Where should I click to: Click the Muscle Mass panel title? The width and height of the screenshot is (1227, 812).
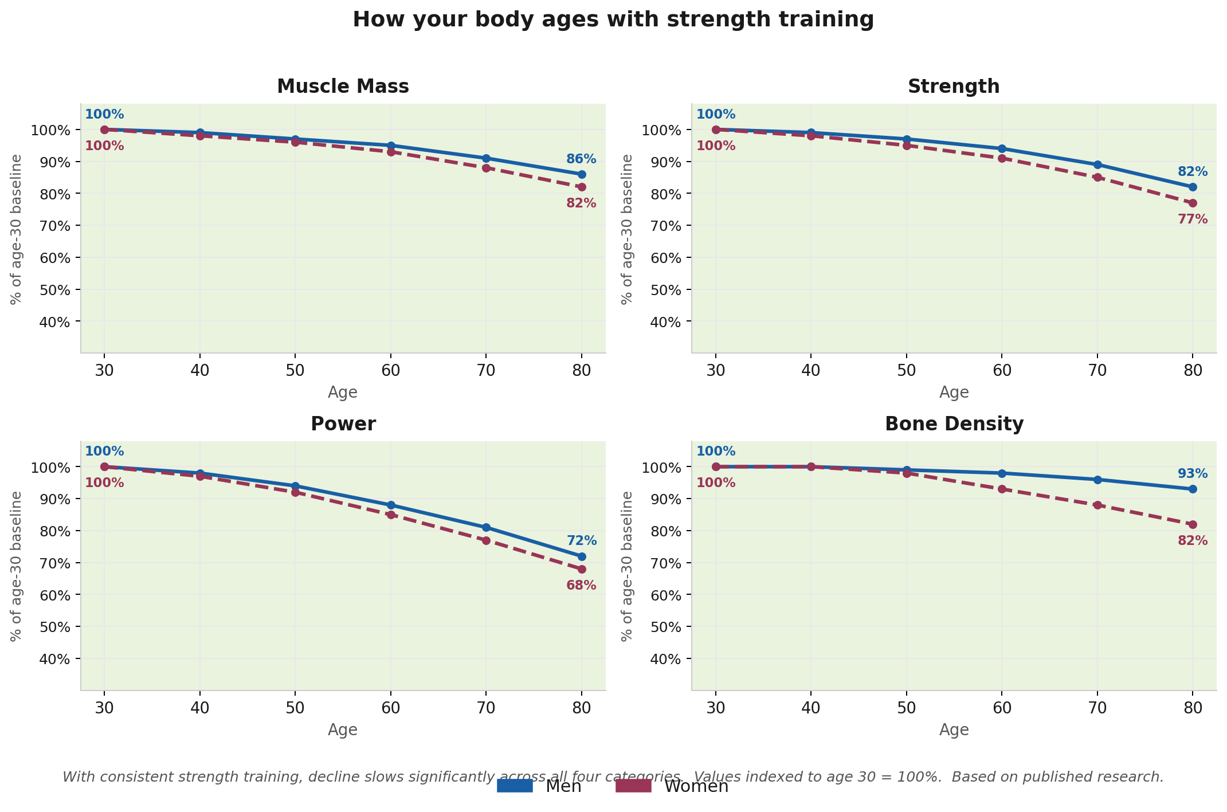tap(343, 87)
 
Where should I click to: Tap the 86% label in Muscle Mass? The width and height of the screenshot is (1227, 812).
tap(581, 159)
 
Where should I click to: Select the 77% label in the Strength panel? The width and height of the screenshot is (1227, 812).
tap(1192, 219)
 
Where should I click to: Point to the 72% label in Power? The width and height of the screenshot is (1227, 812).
tap(581, 540)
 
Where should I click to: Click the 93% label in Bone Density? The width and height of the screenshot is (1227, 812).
tap(1192, 474)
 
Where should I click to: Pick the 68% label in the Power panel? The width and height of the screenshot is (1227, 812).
tap(581, 586)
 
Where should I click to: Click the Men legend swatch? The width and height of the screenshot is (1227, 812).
tap(515, 786)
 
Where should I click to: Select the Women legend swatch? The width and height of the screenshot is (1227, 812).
tap(633, 786)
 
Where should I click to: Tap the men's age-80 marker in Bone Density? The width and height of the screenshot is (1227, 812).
tap(1193, 489)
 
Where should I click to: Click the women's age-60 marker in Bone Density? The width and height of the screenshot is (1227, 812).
tap(1002, 489)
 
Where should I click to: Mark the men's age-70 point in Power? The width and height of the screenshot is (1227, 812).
tap(486, 527)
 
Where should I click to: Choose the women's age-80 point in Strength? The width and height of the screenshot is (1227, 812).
tap(1193, 203)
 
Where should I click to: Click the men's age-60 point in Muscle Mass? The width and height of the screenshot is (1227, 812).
tap(391, 146)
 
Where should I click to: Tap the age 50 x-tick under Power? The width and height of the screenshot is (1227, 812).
tap(295, 707)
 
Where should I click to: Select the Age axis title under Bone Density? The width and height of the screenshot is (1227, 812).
tap(954, 730)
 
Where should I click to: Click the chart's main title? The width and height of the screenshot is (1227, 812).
tap(613, 20)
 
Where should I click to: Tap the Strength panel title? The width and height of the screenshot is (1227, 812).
tap(954, 87)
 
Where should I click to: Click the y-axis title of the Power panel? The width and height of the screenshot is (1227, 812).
tap(16, 566)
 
